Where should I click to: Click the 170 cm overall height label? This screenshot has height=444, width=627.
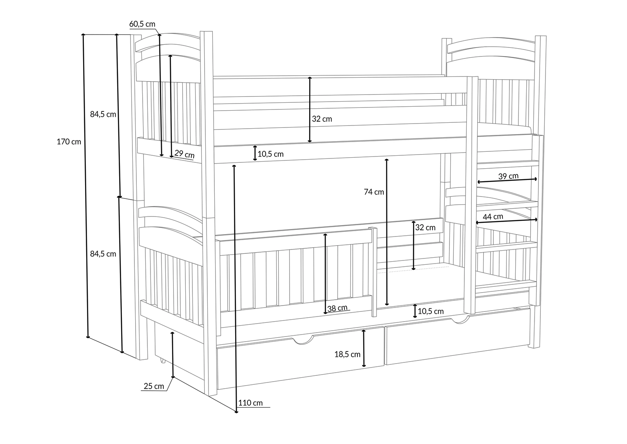[69, 142]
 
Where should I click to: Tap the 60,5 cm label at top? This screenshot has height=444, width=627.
[142, 24]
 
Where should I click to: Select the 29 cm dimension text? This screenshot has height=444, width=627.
[185, 154]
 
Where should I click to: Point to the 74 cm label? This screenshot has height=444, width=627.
[374, 192]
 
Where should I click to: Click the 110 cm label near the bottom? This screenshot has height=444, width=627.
[250, 403]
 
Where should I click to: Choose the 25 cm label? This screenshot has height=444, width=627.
[154, 386]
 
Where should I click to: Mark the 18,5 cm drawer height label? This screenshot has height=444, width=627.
[347, 354]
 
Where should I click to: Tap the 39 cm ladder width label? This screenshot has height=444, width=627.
[508, 176]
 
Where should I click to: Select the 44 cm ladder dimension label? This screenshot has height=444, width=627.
[493, 217]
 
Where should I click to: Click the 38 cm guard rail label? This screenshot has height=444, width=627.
[337, 308]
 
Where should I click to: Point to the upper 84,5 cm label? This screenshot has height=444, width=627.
[103, 114]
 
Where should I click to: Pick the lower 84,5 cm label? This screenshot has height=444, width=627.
[103, 254]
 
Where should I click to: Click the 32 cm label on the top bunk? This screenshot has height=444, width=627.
[322, 119]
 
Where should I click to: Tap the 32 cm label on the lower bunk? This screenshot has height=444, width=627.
[426, 227]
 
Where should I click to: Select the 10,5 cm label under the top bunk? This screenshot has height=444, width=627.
[271, 154]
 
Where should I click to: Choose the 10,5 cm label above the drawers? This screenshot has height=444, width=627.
[431, 311]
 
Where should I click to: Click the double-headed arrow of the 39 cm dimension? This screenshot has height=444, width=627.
[507, 180]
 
